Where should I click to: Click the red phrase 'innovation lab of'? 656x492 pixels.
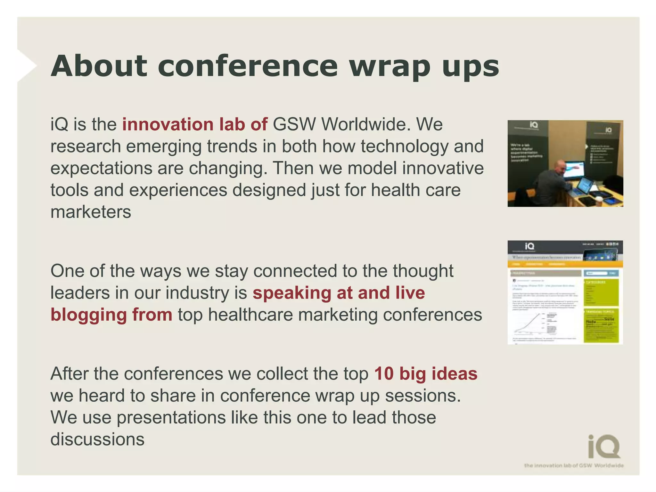(x=195, y=124)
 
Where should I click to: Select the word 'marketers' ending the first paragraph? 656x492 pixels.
(x=91, y=212)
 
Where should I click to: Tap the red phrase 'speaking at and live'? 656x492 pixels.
(x=339, y=293)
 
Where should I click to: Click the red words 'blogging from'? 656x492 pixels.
(x=111, y=315)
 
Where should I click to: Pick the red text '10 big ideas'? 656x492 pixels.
(x=426, y=373)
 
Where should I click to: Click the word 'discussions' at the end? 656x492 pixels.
(x=97, y=439)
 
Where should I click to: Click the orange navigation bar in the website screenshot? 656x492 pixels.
(x=565, y=264)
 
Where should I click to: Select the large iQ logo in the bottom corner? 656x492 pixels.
(x=604, y=447)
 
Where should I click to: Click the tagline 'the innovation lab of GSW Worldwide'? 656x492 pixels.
(x=574, y=465)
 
